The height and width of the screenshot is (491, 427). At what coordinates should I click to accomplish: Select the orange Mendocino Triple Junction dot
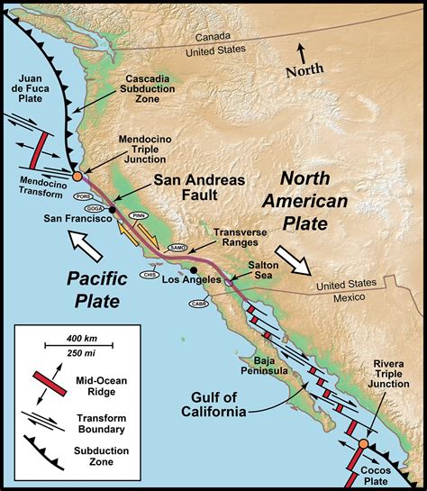[x=77, y=177]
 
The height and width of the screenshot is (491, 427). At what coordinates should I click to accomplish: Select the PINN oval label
[x=138, y=216]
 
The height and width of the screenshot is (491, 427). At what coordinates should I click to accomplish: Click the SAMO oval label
[x=177, y=248]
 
